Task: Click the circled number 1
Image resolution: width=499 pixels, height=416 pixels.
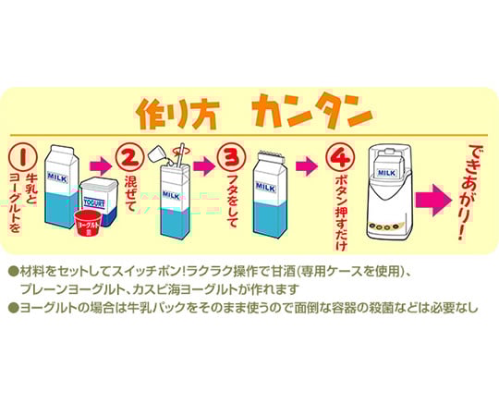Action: tap(22, 156)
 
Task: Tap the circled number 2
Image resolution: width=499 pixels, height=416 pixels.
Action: tap(128, 156)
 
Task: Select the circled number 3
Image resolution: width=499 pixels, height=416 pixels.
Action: tap(232, 156)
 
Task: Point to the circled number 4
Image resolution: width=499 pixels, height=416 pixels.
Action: tap(340, 156)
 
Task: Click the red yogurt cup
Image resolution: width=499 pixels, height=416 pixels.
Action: tap(88, 223)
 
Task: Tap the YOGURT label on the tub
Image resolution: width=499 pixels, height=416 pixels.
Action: tap(94, 202)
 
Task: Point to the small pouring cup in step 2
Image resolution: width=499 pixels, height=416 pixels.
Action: tap(157, 154)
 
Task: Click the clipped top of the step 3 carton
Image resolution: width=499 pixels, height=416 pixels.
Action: tap(271, 155)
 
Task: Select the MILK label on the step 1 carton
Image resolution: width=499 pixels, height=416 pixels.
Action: tap(57, 177)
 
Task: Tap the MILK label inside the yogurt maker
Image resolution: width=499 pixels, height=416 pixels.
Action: tap(386, 173)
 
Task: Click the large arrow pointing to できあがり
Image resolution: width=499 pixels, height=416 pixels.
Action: tap(433, 201)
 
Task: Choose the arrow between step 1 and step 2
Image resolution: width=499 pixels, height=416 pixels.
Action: tap(101, 165)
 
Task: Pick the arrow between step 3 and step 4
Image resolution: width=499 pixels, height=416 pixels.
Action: tap(307, 165)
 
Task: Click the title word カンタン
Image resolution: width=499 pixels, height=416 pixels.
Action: tap(312, 112)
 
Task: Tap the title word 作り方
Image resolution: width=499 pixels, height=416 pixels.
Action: tap(178, 114)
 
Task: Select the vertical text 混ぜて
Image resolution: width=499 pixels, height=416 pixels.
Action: tap(130, 193)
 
